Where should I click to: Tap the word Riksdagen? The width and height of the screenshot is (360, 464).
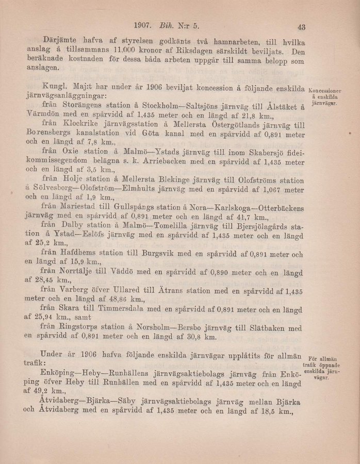(195, 52)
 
